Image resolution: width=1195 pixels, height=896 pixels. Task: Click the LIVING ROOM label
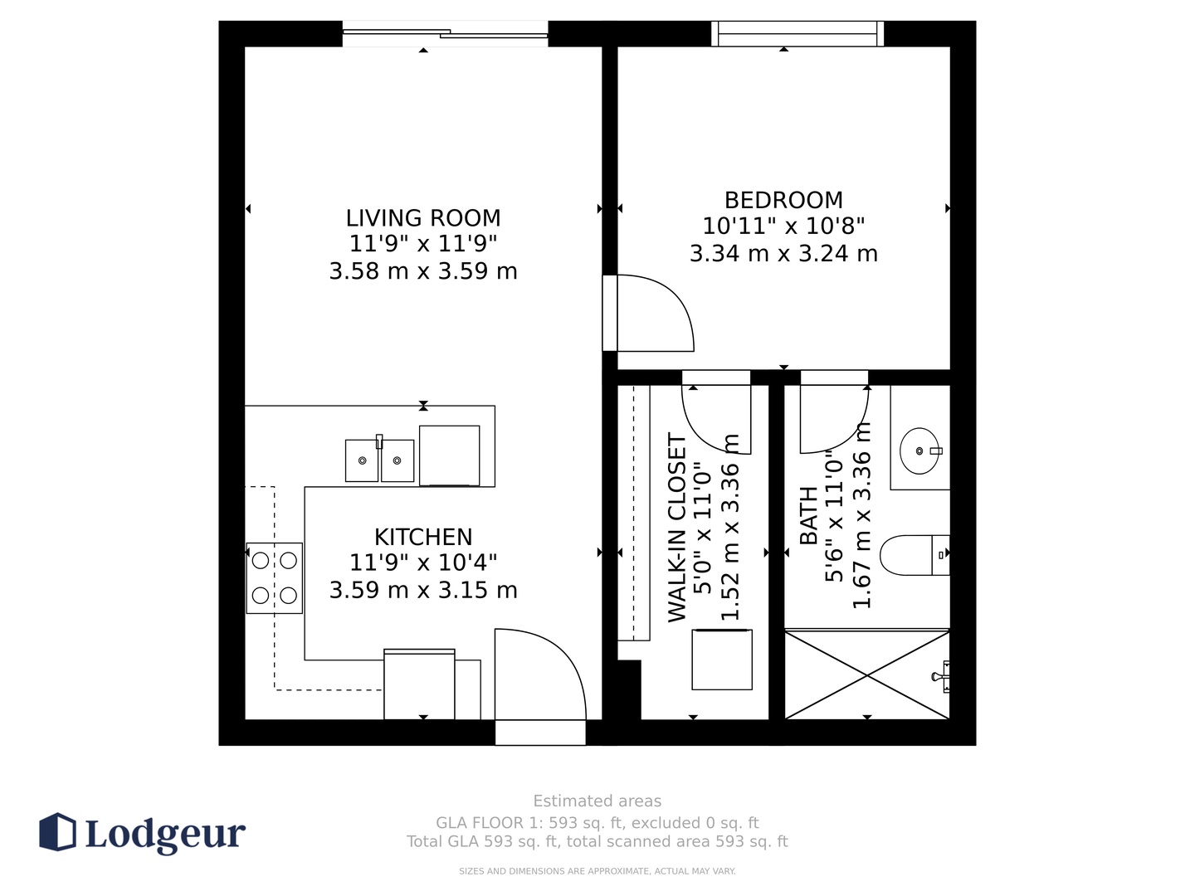[x=423, y=218]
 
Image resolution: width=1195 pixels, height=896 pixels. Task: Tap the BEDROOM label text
[x=783, y=200]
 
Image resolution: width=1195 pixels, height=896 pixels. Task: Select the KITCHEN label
[x=423, y=538]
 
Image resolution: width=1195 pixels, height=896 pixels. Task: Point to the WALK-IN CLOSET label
[x=676, y=528]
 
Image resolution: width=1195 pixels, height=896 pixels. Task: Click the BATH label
[x=809, y=515]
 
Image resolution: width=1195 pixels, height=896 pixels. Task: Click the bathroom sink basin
[x=919, y=451]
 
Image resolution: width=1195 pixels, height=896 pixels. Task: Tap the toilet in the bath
[x=915, y=555]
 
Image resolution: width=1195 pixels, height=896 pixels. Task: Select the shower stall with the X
[x=866, y=674]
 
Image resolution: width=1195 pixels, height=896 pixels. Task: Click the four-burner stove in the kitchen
[x=275, y=578]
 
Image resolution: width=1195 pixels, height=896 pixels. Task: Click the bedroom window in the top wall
[x=797, y=34]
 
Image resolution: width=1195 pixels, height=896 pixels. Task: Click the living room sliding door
[x=446, y=34]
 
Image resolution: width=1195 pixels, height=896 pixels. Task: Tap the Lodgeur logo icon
[x=57, y=831]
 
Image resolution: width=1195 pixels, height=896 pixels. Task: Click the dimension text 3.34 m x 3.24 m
[x=783, y=254]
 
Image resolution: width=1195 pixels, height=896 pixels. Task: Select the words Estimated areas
[x=597, y=801]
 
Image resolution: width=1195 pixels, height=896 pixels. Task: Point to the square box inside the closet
[x=722, y=660]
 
